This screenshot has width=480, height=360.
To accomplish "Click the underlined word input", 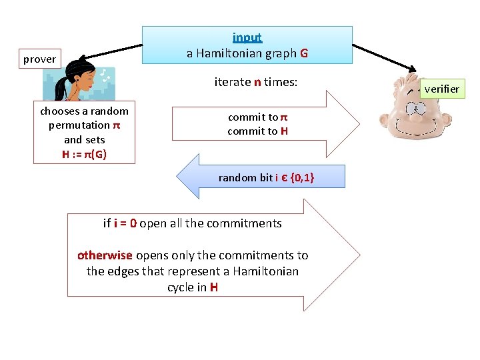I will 247,38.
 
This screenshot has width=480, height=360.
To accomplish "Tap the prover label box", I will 39,59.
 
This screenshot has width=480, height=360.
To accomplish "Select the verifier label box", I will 441,89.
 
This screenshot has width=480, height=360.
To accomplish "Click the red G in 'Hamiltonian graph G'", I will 304,53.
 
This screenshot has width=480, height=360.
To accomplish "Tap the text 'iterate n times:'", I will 255,83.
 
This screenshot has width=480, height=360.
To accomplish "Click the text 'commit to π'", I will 257,117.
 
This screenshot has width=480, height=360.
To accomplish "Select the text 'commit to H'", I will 257,131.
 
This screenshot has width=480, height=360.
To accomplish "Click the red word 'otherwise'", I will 105,255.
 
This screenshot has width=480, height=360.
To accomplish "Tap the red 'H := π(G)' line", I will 84,155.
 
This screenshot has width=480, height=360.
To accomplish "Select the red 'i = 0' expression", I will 125,223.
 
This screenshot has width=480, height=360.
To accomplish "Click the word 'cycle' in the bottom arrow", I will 181,287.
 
